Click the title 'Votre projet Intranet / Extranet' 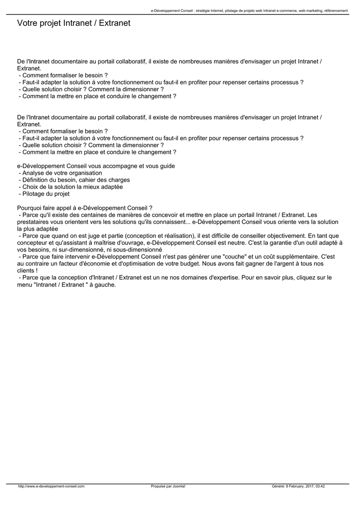(73, 23)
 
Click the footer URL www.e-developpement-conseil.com (51, 486)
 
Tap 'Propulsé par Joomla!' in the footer (168, 486)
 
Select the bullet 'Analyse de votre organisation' (62, 173)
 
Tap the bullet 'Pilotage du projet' (46, 194)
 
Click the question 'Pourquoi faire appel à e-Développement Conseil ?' (84, 208)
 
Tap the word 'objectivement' (280, 236)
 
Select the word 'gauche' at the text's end (104, 285)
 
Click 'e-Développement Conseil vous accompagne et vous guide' (96, 166)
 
